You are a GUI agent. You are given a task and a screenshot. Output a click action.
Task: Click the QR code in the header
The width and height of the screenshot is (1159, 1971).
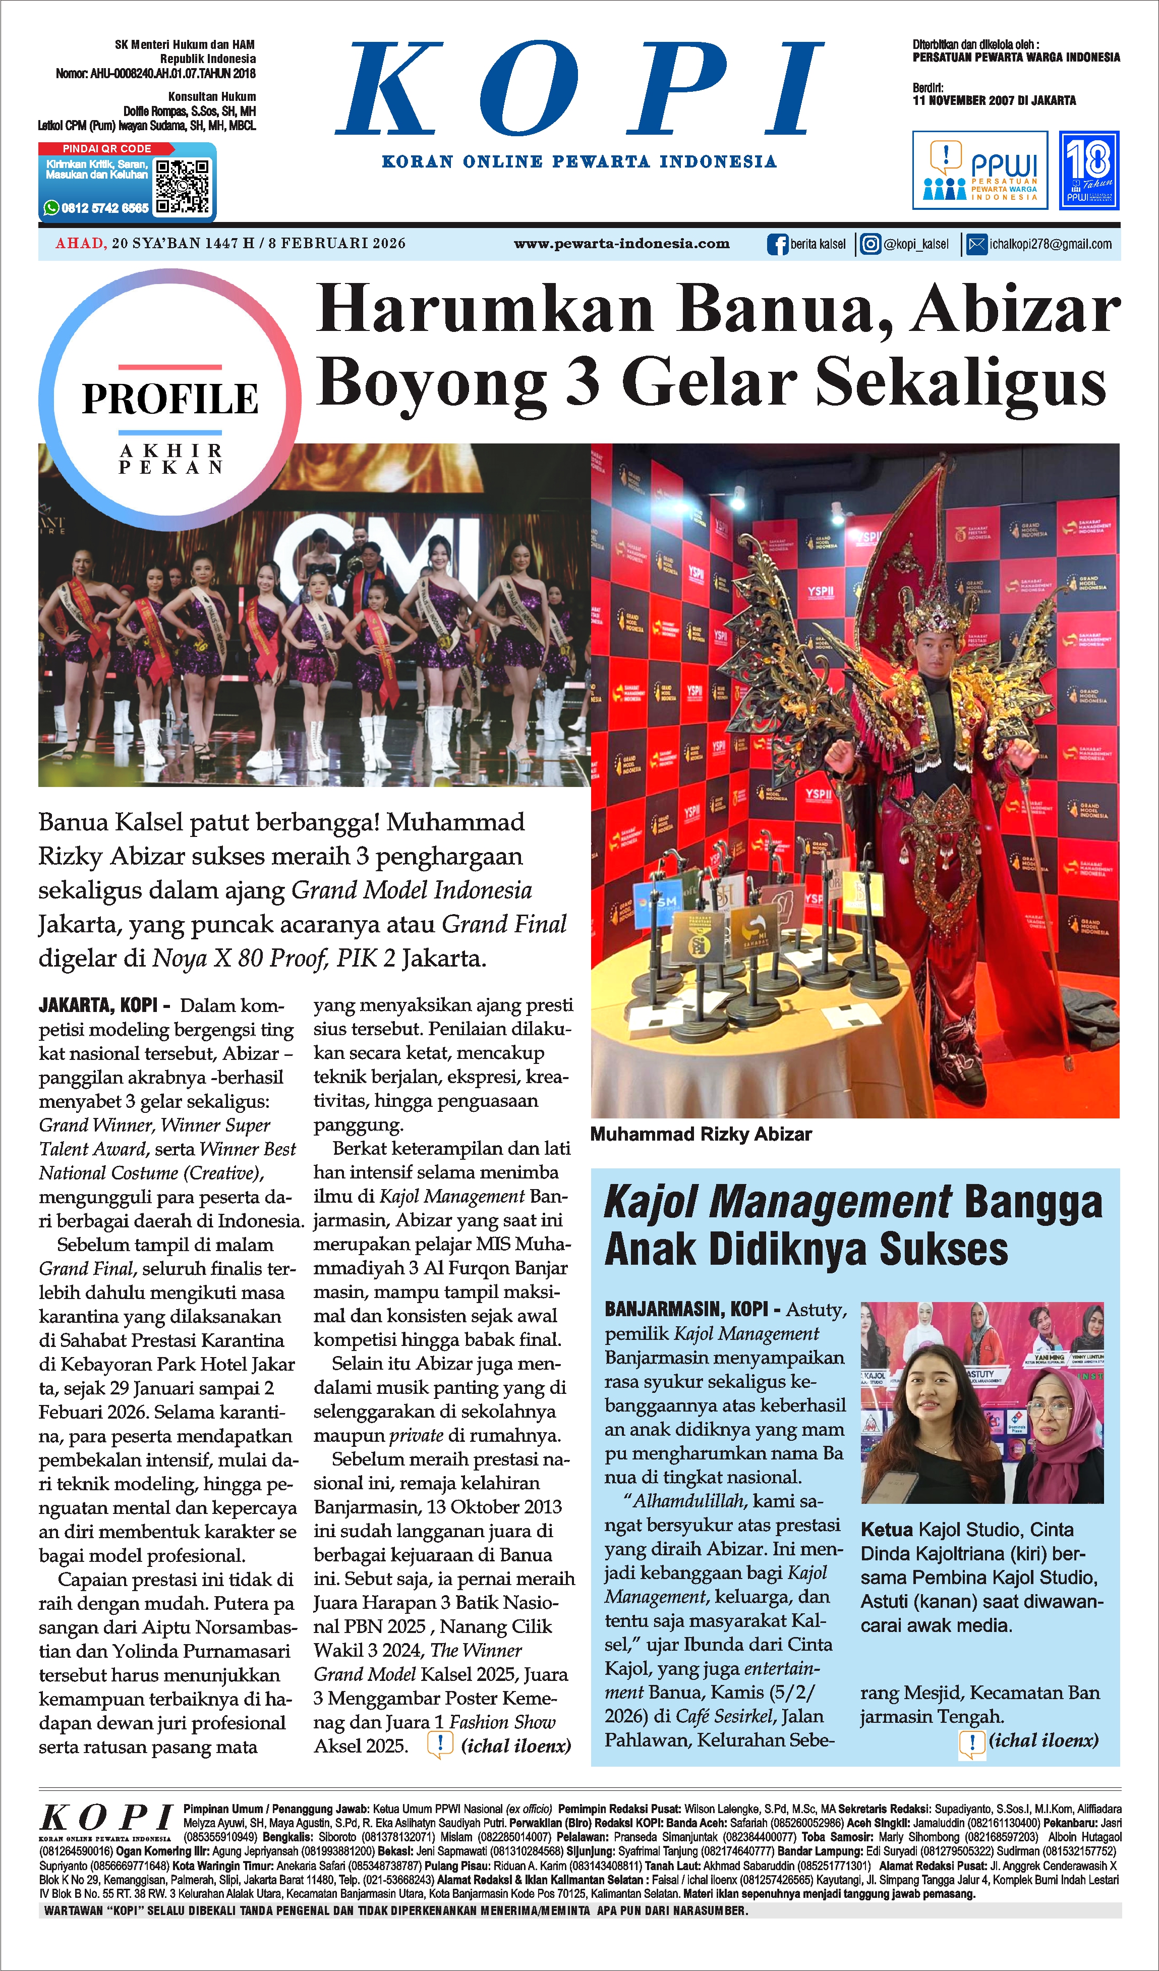(182, 186)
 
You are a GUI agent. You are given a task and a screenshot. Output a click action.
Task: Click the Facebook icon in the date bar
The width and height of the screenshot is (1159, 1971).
(777, 245)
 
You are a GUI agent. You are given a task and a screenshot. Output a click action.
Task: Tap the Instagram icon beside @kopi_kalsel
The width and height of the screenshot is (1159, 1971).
(870, 245)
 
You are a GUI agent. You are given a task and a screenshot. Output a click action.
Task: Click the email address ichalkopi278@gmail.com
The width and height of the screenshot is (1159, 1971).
(1050, 245)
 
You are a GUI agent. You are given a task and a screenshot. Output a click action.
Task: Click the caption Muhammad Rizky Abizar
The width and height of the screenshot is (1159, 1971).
(701, 1134)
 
